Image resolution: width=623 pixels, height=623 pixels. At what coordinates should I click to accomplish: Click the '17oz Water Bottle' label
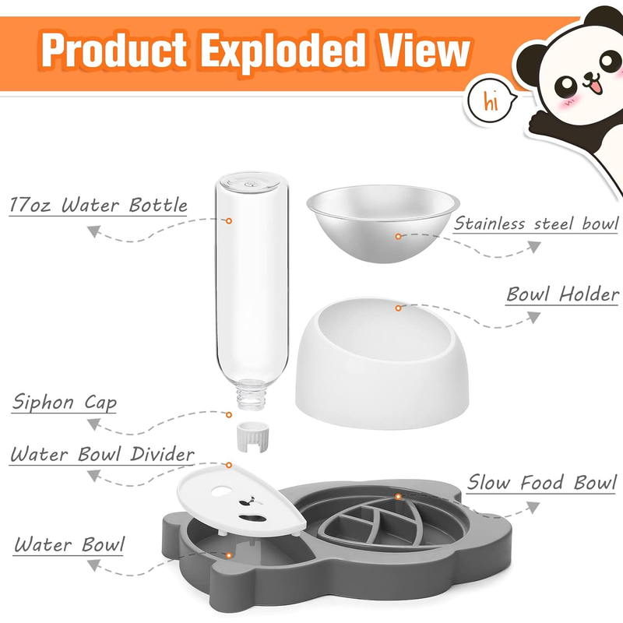(x=98, y=205)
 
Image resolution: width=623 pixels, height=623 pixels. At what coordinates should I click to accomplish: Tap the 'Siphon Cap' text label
(x=65, y=402)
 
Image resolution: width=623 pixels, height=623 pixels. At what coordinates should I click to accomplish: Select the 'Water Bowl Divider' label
(x=102, y=454)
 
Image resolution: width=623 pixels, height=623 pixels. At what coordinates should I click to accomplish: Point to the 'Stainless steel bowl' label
(x=536, y=224)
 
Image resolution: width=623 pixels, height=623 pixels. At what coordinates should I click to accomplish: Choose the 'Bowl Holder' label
(x=562, y=294)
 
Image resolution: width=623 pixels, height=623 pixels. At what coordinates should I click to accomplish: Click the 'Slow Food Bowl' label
(x=541, y=482)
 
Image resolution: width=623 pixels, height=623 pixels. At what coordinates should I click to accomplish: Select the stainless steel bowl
(x=383, y=223)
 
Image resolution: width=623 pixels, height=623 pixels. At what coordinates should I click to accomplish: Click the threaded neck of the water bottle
(x=252, y=395)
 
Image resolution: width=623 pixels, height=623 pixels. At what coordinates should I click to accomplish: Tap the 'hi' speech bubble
(x=491, y=102)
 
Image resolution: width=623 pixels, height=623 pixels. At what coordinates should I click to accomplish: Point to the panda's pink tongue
(x=595, y=87)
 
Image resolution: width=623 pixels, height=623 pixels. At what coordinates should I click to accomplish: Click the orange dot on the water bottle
(x=229, y=221)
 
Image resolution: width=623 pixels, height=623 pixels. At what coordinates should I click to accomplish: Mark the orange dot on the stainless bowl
(x=398, y=237)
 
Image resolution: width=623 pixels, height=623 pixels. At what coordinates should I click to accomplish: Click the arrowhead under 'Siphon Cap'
(x=93, y=424)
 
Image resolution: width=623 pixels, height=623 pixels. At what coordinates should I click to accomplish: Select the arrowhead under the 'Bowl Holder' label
(x=533, y=318)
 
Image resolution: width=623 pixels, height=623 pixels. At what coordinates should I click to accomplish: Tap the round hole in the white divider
(x=221, y=492)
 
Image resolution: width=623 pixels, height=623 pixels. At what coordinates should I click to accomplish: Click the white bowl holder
(x=382, y=364)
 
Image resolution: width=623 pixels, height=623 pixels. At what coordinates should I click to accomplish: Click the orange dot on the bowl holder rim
(x=398, y=308)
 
